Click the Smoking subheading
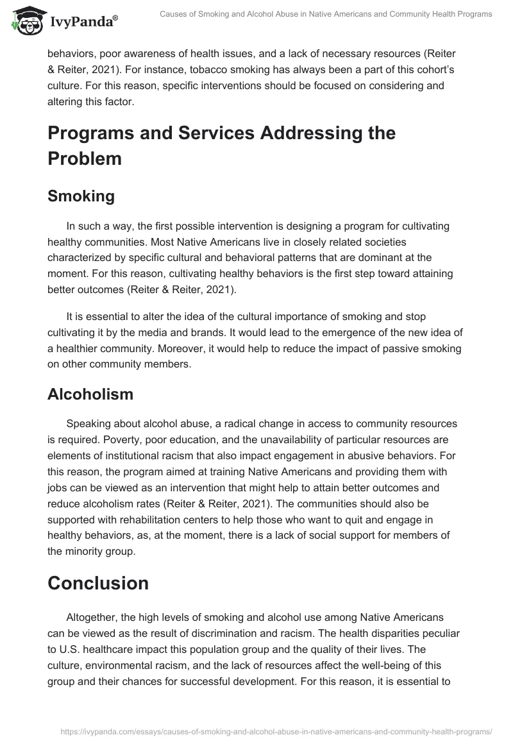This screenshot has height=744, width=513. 81,196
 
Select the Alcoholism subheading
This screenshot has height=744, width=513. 90,394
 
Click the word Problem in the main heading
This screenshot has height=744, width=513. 85,158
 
